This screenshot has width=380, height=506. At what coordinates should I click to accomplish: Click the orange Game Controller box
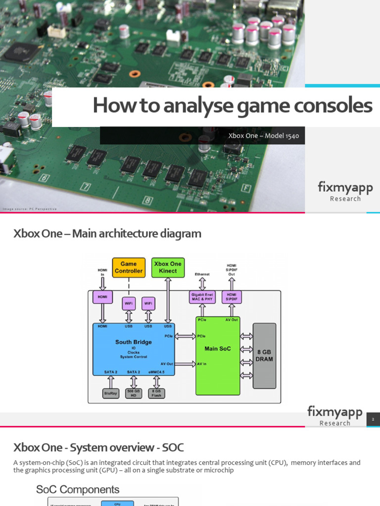129,267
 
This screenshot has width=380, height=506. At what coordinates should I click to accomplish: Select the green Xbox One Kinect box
168,267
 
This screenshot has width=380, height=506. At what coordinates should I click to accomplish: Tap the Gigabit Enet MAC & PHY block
202,297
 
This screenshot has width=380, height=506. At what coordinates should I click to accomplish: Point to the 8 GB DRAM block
264,356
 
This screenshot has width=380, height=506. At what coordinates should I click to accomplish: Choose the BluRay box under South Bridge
111,393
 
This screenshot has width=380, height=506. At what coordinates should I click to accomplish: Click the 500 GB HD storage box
134,393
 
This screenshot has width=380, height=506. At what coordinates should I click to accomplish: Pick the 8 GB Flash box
156,393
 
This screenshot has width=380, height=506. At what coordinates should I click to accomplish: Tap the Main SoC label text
218,349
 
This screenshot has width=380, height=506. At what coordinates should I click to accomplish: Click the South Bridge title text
134,342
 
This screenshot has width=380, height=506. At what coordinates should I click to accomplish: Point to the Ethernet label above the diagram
202,274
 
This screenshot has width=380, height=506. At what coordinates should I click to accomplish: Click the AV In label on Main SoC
201,364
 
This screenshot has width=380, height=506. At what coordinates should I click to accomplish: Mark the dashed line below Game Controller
129,287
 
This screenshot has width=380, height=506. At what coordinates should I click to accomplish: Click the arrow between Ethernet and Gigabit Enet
202,284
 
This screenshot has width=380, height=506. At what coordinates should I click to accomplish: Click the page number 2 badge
373,420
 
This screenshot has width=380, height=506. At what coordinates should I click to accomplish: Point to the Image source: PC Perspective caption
30,209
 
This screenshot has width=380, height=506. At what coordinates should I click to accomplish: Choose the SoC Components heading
78,490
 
